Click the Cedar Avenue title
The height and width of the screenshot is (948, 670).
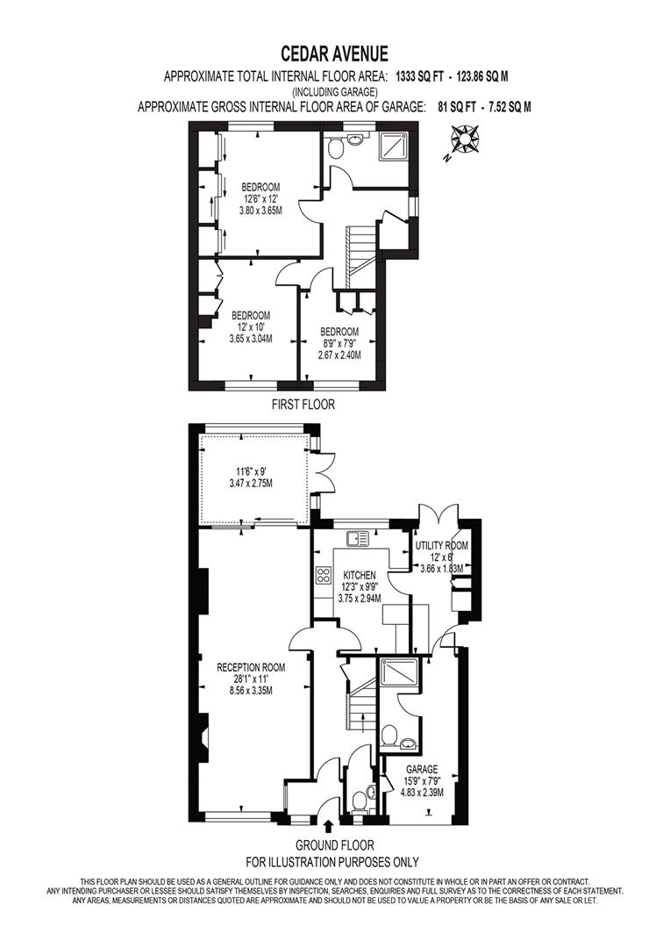click(x=334, y=54)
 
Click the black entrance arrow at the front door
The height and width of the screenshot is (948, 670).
click(x=329, y=825)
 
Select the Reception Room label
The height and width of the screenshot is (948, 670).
click(x=251, y=667)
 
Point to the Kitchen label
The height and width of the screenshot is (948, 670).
click(x=360, y=575)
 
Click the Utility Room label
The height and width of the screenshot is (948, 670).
click(x=441, y=545)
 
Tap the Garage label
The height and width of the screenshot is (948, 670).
click(x=422, y=769)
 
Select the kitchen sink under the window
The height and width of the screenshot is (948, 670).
click(x=359, y=537)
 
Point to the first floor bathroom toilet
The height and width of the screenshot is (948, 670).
click(x=335, y=147)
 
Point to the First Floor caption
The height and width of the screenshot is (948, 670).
click(x=303, y=404)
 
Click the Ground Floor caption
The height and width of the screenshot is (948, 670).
click(x=335, y=845)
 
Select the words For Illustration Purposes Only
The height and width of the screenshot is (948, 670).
click(x=332, y=862)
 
